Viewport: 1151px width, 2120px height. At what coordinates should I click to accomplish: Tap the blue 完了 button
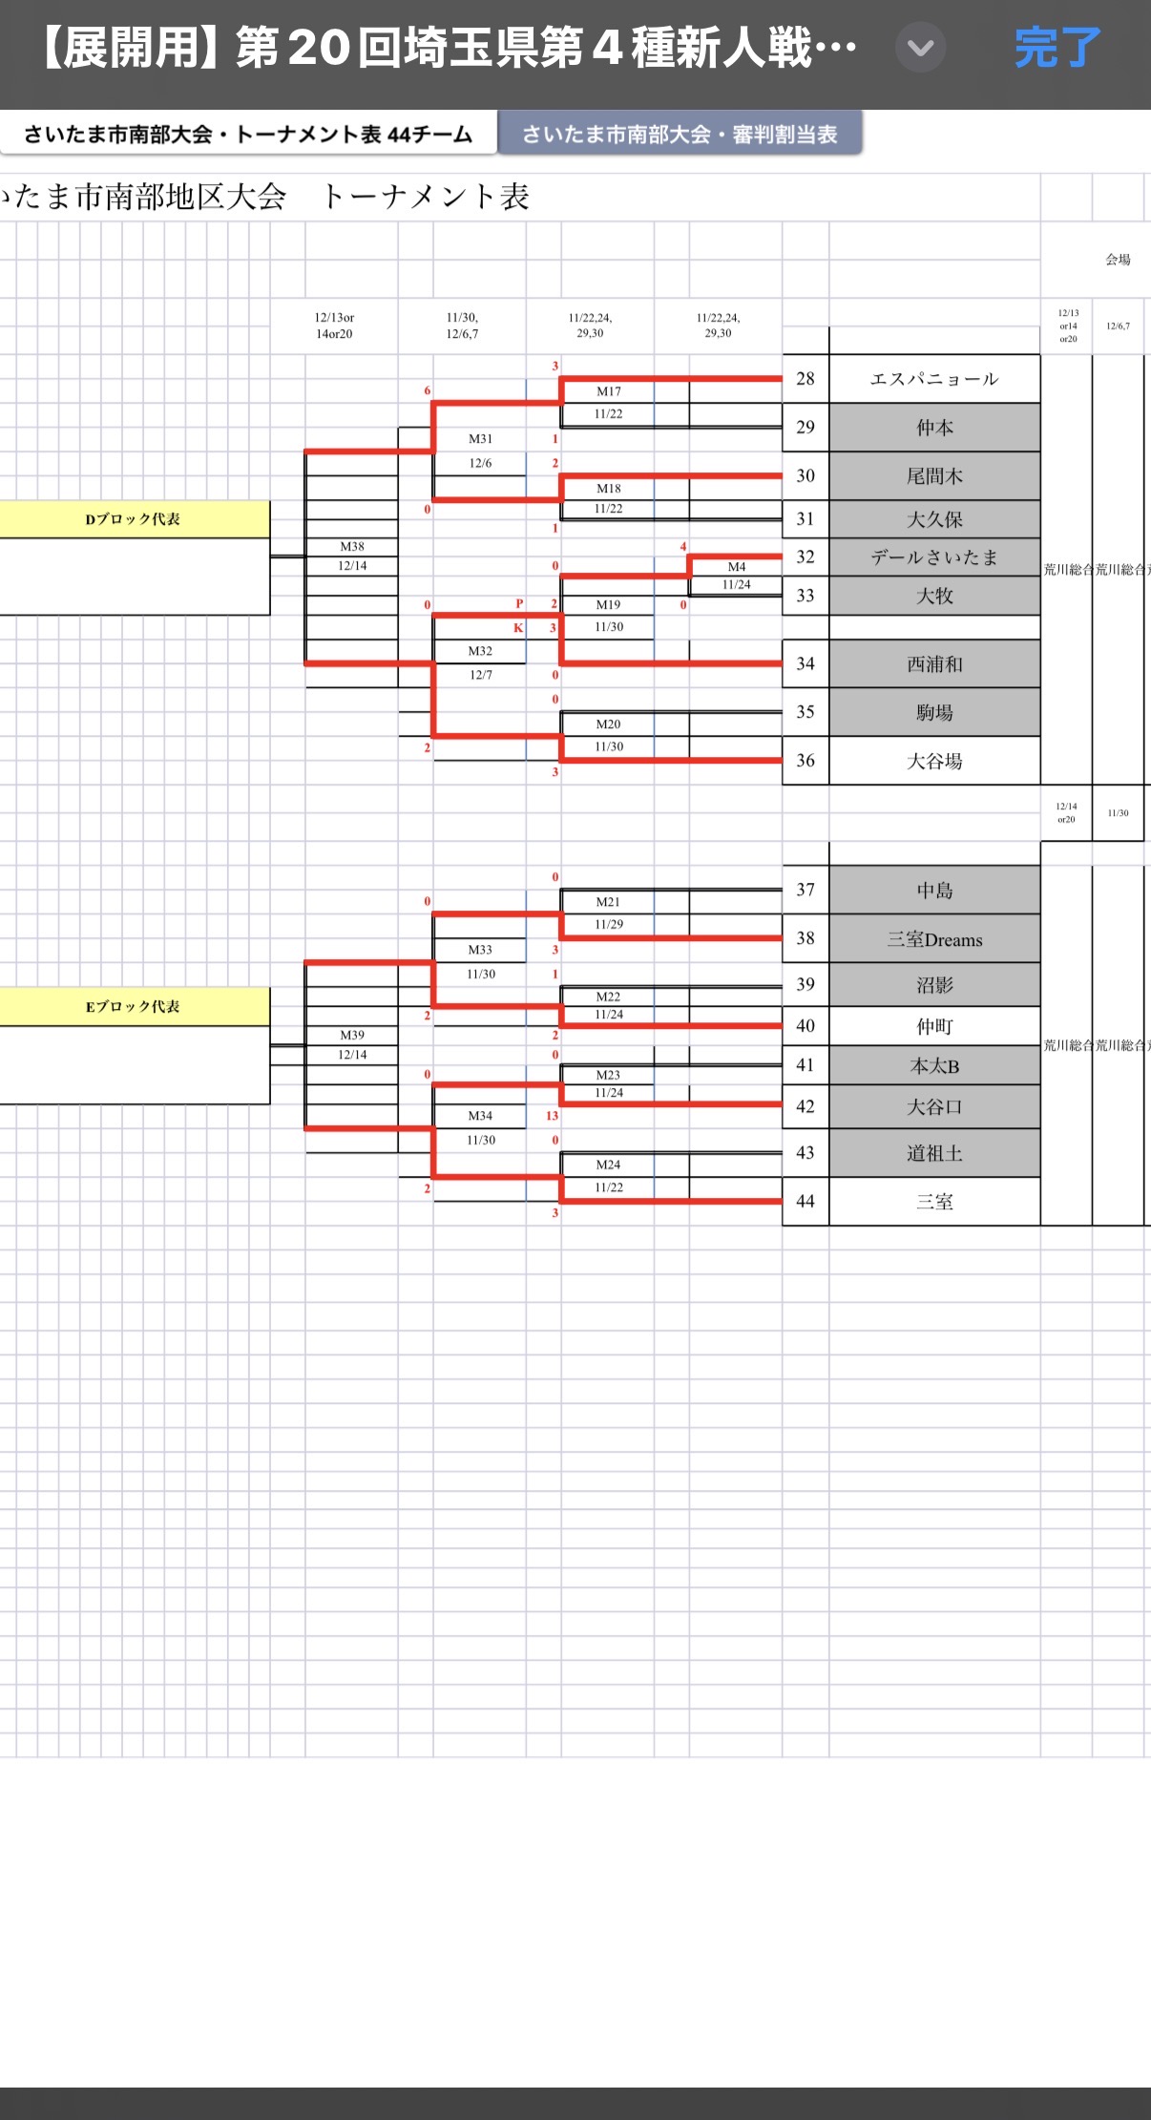pos(1057,48)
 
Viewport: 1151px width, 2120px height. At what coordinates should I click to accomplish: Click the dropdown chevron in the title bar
pos(920,48)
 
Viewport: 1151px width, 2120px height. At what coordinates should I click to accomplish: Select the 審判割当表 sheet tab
pos(680,135)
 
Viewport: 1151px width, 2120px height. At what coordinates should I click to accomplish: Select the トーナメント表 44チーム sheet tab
pos(248,135)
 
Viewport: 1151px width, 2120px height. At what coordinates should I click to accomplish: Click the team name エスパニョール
pos(934,379)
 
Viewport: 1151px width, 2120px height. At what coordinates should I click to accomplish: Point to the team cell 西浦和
pos(934,664)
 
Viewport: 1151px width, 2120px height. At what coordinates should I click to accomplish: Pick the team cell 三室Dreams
pos(934,939)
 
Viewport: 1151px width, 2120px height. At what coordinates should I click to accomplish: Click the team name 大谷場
pos(934,761)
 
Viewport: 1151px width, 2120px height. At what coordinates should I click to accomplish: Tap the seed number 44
pos(806,1202)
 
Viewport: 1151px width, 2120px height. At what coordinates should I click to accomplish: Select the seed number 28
pos(806,379)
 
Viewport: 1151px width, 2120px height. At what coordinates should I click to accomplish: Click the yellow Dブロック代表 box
pos(134,519)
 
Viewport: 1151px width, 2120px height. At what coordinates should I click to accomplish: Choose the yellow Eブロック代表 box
pos(134,1007)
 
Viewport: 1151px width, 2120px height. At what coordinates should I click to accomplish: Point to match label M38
pos(352,547)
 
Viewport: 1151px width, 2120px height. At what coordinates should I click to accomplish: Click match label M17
pos(609,391)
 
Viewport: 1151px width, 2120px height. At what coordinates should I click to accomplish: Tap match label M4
pos(737,567)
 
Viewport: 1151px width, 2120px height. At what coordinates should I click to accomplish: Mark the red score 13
pos(552,1116)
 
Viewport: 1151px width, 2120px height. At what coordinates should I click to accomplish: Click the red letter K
pos(518,628)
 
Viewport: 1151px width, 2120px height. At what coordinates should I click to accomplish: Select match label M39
pos(352,1036)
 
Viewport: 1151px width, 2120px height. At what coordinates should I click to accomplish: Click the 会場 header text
pos(1118,260)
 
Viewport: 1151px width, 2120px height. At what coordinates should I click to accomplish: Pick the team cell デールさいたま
pos(934,557)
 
